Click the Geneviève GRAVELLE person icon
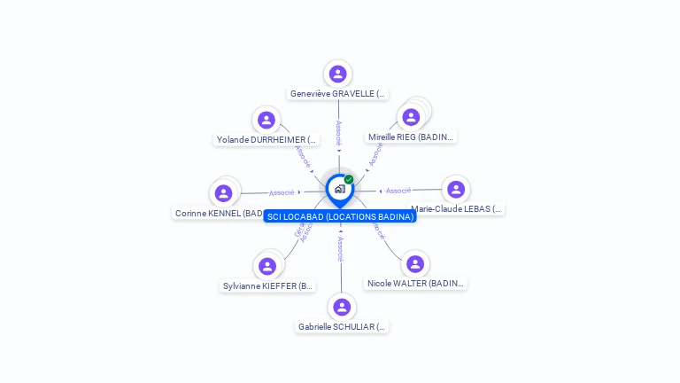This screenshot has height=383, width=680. [337, 74]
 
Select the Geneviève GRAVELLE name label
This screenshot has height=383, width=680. [338, 93]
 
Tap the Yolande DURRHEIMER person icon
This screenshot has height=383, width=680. [267, 121]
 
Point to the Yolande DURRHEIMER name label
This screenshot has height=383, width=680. [267, 139]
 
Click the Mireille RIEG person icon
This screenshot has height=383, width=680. [411, 117]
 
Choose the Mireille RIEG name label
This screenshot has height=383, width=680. [411, 137]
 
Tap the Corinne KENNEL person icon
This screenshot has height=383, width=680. [224, 193]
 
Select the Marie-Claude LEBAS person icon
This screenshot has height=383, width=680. [456, 190]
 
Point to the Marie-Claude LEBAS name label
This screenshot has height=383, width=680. [457, 209]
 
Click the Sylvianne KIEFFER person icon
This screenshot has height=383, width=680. [267, 266]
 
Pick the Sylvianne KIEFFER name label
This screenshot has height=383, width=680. [268, 285]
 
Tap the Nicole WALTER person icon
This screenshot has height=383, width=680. [415, 264]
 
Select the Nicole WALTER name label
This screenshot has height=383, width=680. [415, 283]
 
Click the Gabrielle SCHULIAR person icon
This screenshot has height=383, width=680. [342, 308]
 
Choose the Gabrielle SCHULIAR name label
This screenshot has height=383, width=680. [342, 326]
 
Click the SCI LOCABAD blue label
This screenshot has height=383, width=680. [340, 216]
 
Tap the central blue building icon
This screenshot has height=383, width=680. [339, 189]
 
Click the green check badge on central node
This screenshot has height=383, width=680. [349, 180]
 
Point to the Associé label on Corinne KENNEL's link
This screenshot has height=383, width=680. [282, 192]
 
